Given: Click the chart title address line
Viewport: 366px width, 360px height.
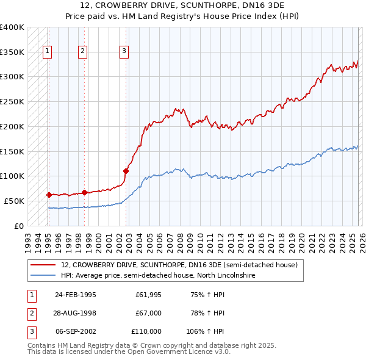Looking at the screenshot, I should point(183,6).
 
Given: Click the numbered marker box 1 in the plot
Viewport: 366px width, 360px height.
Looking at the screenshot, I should point(47,52).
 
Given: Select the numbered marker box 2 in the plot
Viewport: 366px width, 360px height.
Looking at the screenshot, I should point(82,52).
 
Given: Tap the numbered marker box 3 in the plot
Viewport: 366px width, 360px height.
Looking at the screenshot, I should point(124,52).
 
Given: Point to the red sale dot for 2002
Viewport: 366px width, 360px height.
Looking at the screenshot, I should point(126,171).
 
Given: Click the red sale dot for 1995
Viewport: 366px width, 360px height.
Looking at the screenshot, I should point(49,195).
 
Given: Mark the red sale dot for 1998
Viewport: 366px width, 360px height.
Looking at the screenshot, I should point(84,192).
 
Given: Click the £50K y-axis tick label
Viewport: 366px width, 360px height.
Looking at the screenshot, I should point(14,201).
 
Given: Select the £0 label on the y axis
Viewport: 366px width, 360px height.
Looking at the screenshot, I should point(20,226).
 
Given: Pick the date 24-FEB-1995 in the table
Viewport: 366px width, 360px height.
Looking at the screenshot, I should point(75,295).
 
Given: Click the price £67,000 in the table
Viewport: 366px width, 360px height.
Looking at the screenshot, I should point(148,313).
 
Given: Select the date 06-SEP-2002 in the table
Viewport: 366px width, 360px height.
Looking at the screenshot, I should point(75,331).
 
